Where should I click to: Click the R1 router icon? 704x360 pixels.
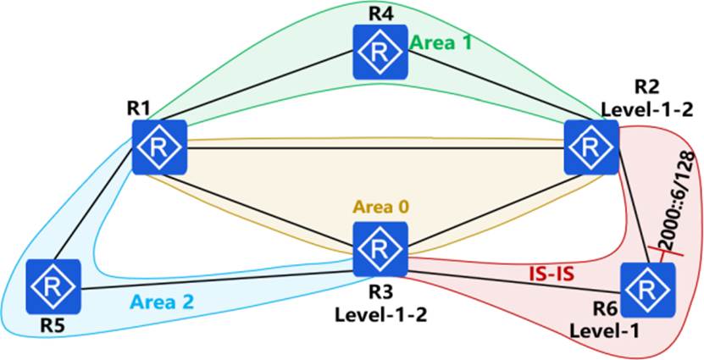[x=159, y=146]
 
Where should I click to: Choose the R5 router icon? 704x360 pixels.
[x=53, y=286]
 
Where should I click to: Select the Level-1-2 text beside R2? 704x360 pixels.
[x=634, y=108]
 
